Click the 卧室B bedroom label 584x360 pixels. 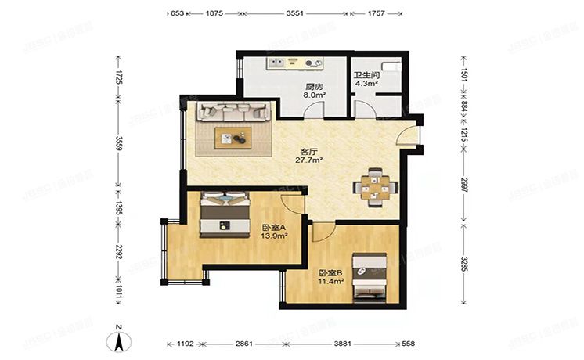[329, 273]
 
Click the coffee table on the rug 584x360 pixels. [233, 138]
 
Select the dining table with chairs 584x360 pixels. [375, 187]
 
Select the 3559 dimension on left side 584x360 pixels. [118, 147]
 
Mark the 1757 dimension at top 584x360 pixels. [377, 13]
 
